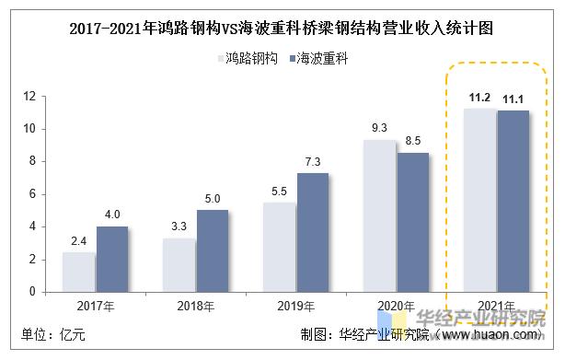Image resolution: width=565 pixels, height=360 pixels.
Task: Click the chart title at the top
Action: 282,29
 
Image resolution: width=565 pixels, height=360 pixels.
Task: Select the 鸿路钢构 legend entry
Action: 245,58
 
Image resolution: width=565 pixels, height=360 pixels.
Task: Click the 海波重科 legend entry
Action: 316,58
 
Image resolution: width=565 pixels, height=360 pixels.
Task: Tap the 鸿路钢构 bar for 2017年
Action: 78,272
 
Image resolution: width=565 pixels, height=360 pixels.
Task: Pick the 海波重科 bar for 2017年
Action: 112,259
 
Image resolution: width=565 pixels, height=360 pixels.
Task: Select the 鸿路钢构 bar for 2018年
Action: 179,264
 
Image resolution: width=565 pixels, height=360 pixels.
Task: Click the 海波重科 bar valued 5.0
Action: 213,250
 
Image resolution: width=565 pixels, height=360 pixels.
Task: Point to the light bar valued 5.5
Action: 279,247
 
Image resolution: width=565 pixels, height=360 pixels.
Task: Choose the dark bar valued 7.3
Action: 313,232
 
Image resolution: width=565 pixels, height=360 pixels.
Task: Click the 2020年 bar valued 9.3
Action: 379,215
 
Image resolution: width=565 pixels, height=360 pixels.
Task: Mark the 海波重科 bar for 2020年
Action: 413,222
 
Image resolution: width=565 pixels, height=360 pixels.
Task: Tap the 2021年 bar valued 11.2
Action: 479,200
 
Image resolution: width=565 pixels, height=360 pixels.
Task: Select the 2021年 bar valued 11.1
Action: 513,201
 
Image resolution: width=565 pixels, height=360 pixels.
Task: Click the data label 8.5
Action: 413,141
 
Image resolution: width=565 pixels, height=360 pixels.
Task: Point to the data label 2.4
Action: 78,241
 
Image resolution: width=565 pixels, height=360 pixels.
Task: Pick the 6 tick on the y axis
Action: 31,193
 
